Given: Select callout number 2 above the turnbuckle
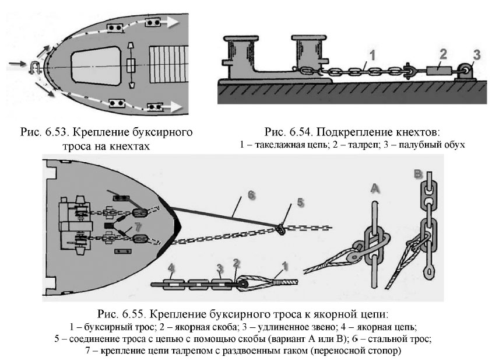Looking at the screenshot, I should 443,54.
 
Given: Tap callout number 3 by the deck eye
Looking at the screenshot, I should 476,55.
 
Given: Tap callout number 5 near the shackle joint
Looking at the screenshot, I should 300,202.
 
